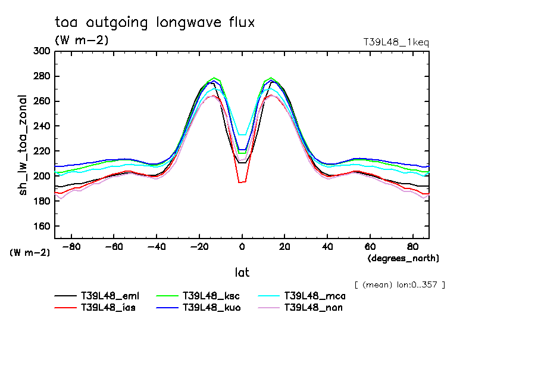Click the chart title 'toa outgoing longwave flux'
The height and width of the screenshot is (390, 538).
click(155, 23)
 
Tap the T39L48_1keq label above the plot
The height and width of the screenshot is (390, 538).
click(396, 42)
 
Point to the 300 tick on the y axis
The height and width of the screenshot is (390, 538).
click(42, 51)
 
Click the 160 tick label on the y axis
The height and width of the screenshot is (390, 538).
click(42, 227)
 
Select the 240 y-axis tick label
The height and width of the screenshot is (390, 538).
click(42, 126)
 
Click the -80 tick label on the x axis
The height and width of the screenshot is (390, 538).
click(71, 246)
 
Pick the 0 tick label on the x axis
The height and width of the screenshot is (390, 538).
click(242, 246)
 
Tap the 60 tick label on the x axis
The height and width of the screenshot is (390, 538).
click(370, 246)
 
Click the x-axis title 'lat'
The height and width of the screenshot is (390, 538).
click(242, 273)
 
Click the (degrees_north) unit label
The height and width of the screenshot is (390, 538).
click(403, 258)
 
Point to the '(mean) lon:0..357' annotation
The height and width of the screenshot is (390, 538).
click(399, 284)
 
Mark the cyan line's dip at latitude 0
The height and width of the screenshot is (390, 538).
click(242, 135)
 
